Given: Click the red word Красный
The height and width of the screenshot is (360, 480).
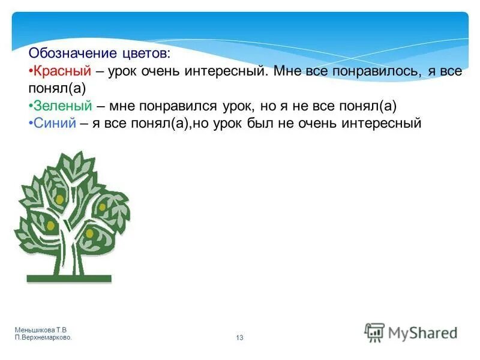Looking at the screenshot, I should click(62, 71).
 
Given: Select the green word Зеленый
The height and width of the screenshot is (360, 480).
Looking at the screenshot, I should click(62, 106).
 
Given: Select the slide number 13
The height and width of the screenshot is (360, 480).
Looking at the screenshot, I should click(240, 338).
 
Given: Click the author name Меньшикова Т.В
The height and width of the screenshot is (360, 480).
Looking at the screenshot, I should click(41, 331).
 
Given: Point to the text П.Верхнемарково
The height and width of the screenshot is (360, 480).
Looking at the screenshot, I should click(43, 338).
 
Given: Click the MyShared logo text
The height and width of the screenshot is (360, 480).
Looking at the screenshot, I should click(422, 332).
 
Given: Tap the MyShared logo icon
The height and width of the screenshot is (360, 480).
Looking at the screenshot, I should click(374, 332).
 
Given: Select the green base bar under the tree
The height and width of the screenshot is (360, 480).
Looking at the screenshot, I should click(69, 278).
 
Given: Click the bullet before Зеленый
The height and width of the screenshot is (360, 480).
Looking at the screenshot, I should click(31, 106).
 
